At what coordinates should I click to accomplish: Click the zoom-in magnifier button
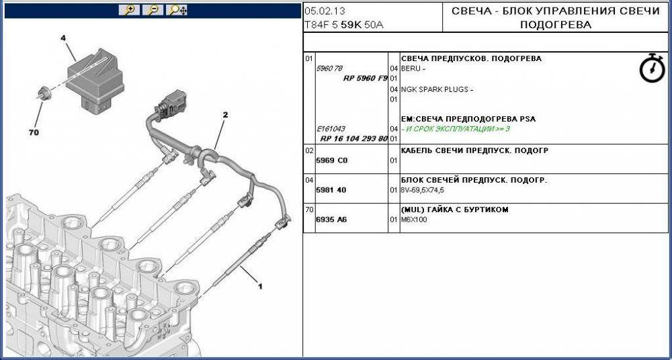(129, 10)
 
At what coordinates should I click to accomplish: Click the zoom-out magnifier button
(153, 10)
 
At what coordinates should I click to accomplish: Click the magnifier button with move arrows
(177, 10)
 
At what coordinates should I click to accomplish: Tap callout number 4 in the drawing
(63, 38)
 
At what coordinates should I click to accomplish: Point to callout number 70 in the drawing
(34, 132)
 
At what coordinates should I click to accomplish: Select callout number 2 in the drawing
(225, 115)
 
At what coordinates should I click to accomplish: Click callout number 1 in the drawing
(259, 286)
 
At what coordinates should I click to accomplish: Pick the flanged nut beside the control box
(43, 93)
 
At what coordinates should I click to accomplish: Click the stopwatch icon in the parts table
(652, 68)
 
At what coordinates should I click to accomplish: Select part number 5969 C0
(332, 161)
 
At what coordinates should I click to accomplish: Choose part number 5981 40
(331, 190)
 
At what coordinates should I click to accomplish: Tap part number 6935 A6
(331, 220)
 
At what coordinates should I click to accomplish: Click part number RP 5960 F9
(365, 79)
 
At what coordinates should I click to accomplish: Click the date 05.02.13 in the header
(325, 11)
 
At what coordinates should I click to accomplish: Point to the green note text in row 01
(456, 129)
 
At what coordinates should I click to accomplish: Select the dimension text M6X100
(413, 220)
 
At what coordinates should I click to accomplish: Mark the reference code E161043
(331, 129)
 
